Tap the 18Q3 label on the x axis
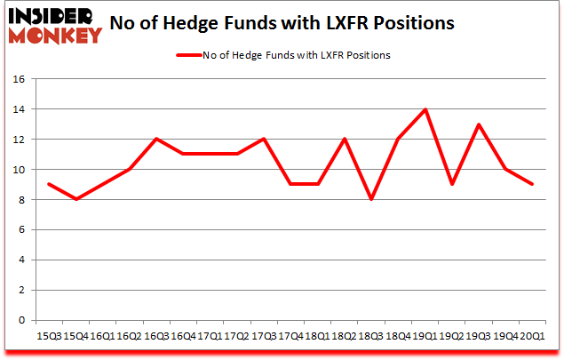tap(371, 336)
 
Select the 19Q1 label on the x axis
tap(425, 336)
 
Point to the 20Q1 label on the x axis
tap(532, 336)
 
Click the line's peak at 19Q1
tap(425, 109)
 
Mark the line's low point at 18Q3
tap(372, 200)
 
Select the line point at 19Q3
tap(480, 124)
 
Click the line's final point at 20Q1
tap(532, 185)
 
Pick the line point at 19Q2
tap(452, 185)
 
